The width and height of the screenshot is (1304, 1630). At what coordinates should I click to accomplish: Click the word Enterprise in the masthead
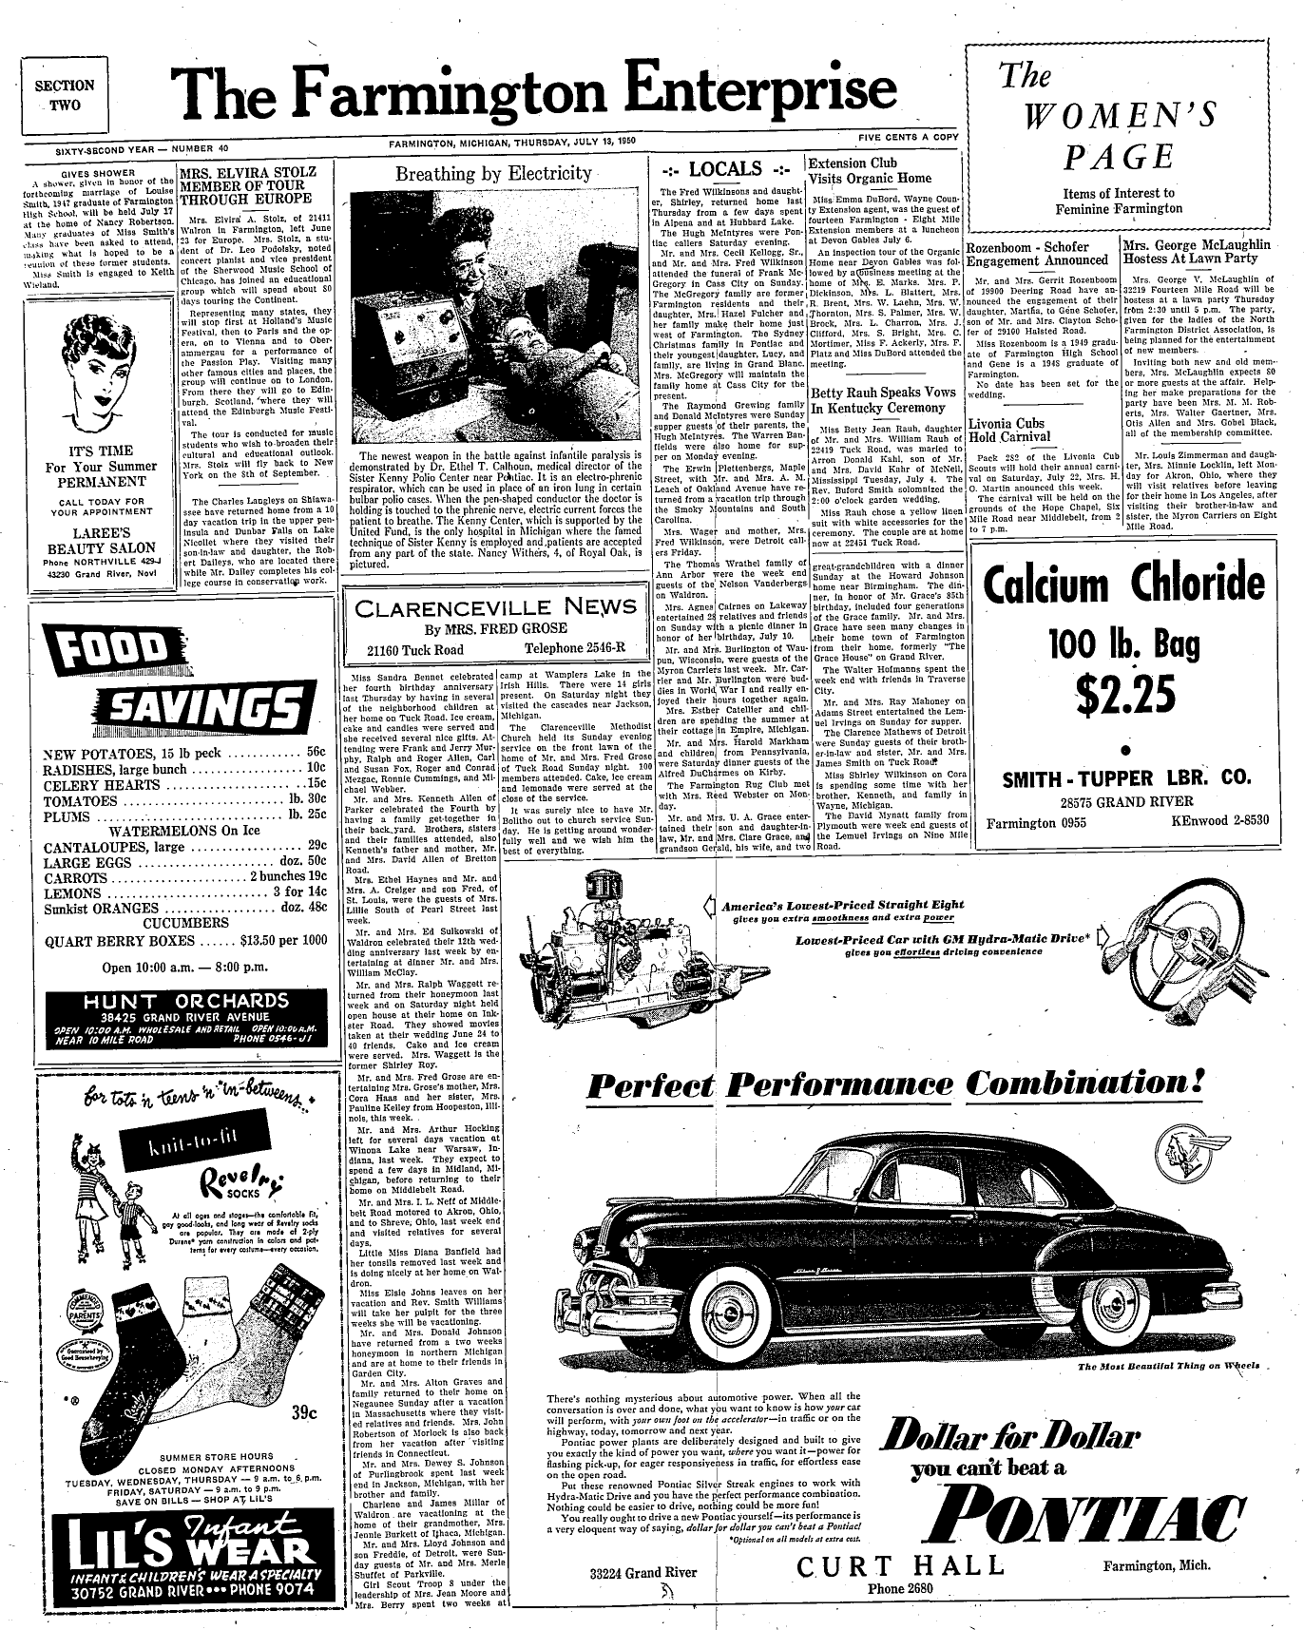[x=757, y=91]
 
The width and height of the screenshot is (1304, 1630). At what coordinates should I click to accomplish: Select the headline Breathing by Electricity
[x=493, y=173]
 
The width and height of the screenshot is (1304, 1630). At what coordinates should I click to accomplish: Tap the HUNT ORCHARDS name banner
[x=185, y=1001]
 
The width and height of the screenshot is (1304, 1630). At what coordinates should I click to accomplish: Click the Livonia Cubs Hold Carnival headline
[x=1010, y=431]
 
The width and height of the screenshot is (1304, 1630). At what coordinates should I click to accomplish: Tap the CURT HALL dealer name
[x=900, y=1567]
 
